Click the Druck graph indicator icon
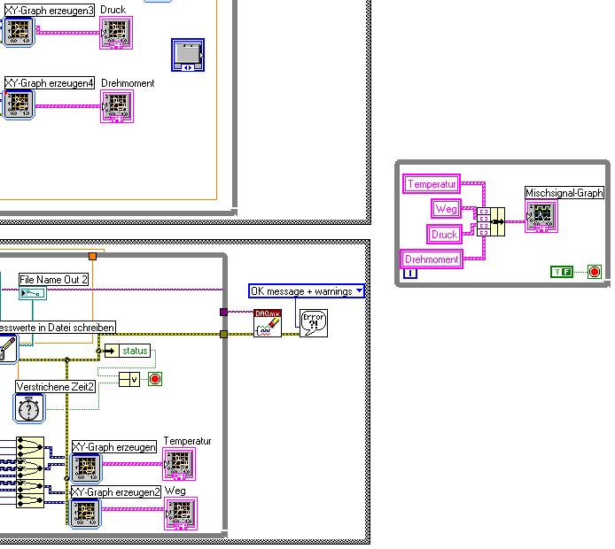[116, 33]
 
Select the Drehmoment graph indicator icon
[116, 106]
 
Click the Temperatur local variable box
[432, 184]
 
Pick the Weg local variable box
[446, 208]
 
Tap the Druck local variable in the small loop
[445, 235]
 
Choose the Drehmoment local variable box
[432, 259]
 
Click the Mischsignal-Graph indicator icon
[541, 215]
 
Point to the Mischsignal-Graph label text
[564, 192]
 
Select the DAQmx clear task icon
[268, 323]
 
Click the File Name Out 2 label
[54, 280]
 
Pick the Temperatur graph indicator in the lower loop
[180, 464]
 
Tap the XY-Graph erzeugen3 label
[50, 10]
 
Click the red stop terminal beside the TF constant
[594, 272]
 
